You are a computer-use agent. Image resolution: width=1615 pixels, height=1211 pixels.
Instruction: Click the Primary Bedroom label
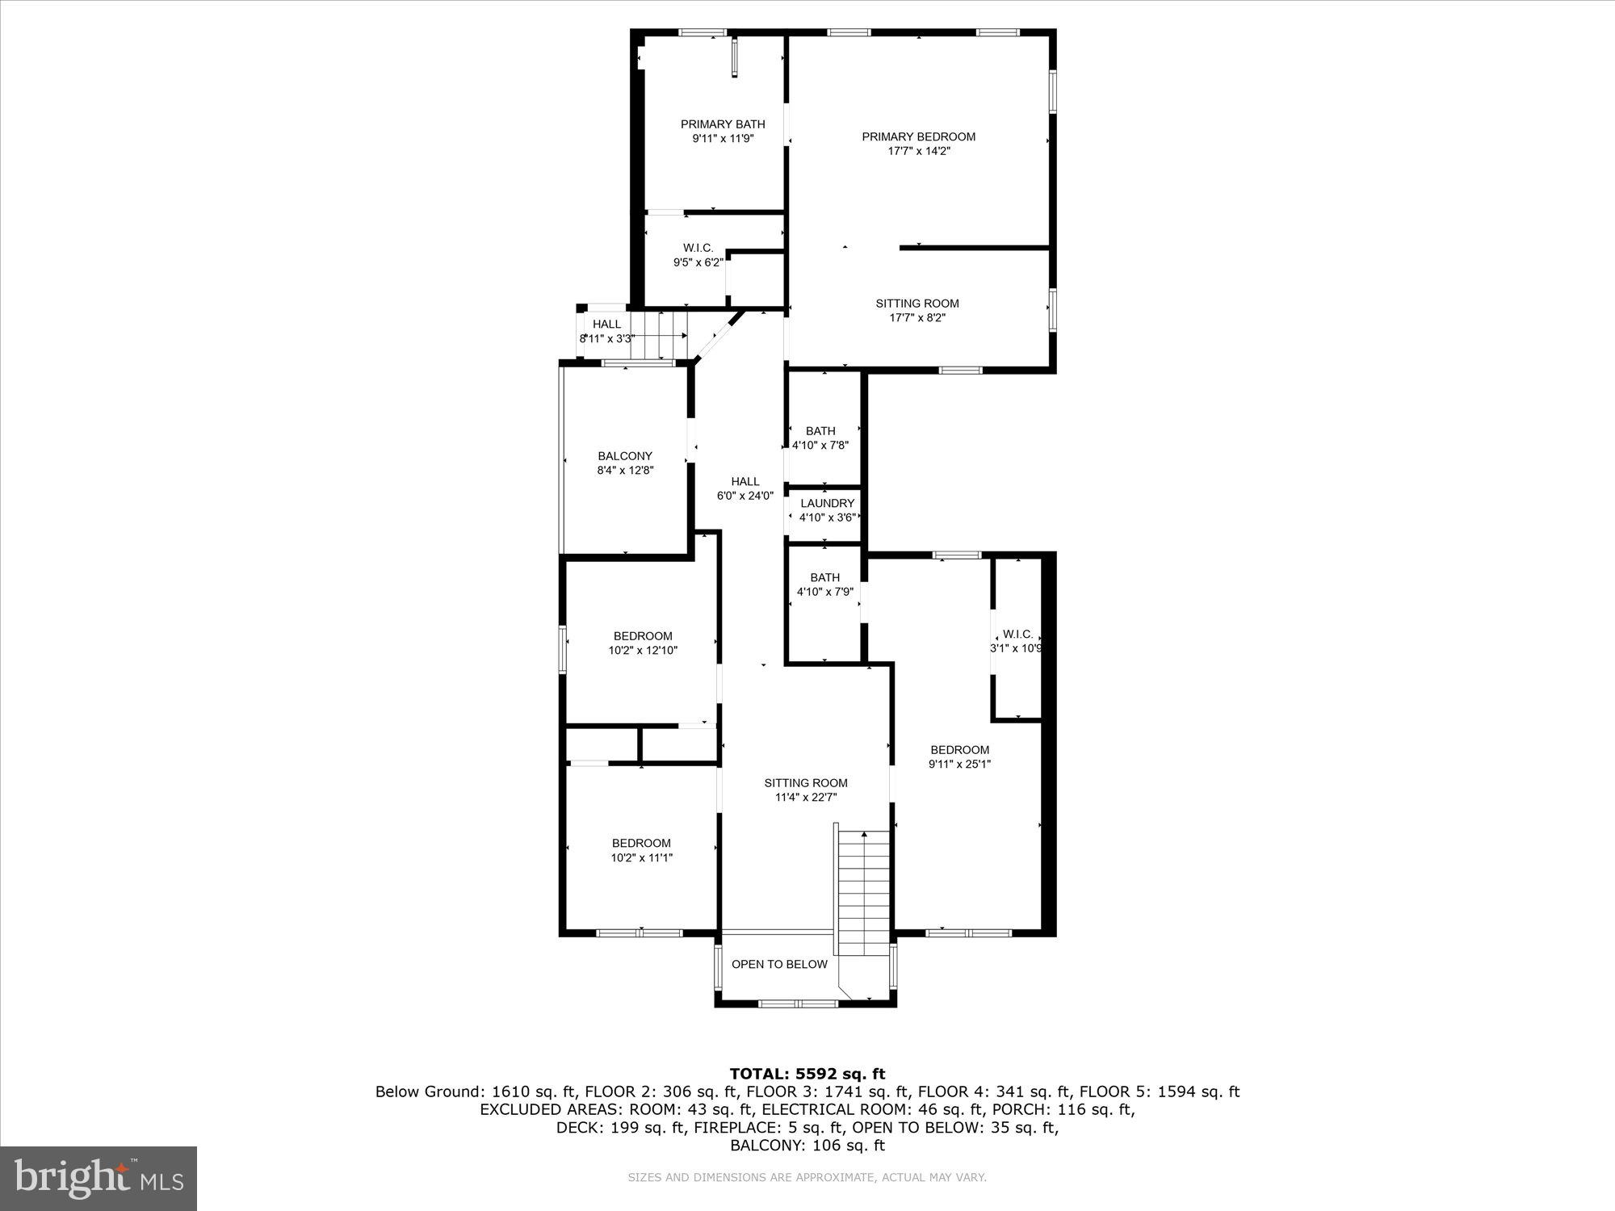coord(918,136)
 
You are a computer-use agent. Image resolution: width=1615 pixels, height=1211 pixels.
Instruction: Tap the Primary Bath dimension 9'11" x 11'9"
coord(723,139)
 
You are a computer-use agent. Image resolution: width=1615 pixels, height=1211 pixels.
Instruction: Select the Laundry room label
coord(827,503)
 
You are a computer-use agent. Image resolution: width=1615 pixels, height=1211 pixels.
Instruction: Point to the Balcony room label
coord(625,456)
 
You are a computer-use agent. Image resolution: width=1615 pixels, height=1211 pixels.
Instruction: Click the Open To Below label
coord(779,964)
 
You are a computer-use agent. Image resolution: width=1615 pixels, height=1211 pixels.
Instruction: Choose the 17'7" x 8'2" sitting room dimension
coord(917,318)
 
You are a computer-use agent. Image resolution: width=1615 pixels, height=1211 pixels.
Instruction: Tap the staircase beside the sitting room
coord(863,892)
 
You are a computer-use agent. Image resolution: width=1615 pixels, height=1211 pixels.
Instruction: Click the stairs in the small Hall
coord(658,335)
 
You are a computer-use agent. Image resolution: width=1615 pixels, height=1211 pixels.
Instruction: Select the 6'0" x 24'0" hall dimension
coord(745,496)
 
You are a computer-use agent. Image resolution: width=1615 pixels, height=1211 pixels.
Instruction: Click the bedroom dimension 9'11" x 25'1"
coord(959,764)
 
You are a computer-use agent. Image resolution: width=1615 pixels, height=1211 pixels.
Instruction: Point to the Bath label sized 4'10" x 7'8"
coord(820,431)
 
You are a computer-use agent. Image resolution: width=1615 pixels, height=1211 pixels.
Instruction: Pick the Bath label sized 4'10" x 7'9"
coord(824,577)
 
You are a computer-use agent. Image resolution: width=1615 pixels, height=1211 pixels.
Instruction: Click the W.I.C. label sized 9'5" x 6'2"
coord(698,248)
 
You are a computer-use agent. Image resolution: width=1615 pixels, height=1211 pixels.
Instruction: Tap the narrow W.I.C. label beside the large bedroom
coord(1017,635)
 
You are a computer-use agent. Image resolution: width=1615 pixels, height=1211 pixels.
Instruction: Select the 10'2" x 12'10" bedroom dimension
coord(643,650)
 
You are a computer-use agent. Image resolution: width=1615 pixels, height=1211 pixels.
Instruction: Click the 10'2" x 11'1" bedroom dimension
coord(641,858)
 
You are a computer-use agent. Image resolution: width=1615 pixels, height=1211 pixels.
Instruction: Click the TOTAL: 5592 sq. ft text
coord(807,1074)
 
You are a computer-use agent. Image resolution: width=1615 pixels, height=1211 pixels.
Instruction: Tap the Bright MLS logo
coord(99,1178)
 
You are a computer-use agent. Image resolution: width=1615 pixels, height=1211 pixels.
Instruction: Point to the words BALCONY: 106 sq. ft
coord(807,1145)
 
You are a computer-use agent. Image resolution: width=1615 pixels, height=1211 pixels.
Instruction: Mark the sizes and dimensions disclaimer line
coord(807,1178)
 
